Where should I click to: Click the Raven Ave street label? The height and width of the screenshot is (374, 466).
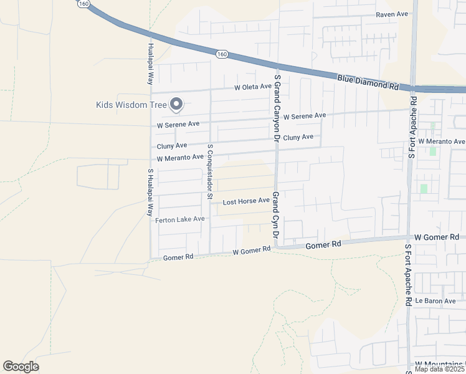tap(391, 14)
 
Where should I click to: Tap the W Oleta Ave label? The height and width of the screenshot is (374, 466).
tap(253, 88)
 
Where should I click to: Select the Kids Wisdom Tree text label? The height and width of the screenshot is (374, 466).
tap(131, 105)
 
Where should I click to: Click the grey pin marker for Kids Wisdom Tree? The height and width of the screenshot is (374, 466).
tap(176, 104)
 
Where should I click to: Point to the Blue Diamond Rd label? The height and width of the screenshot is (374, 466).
tap(368, 81)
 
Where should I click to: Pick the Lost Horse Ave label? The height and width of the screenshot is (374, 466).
tap(246, 201)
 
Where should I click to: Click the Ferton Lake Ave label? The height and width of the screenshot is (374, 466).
tap(179, 219)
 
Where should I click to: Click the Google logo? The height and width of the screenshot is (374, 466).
tap(21, 367)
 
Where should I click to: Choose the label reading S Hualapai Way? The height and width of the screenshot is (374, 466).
tap(150, 192)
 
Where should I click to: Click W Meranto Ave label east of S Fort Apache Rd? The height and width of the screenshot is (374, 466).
tap(441, 141)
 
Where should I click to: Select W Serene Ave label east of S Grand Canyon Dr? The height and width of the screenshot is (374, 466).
tap(304, 116)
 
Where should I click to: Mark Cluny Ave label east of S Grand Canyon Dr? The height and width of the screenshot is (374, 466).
tap(298, 137)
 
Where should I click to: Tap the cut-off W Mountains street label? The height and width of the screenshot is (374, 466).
tap(440, 363)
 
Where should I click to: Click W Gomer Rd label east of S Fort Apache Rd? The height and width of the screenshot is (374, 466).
tap(437, 237)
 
